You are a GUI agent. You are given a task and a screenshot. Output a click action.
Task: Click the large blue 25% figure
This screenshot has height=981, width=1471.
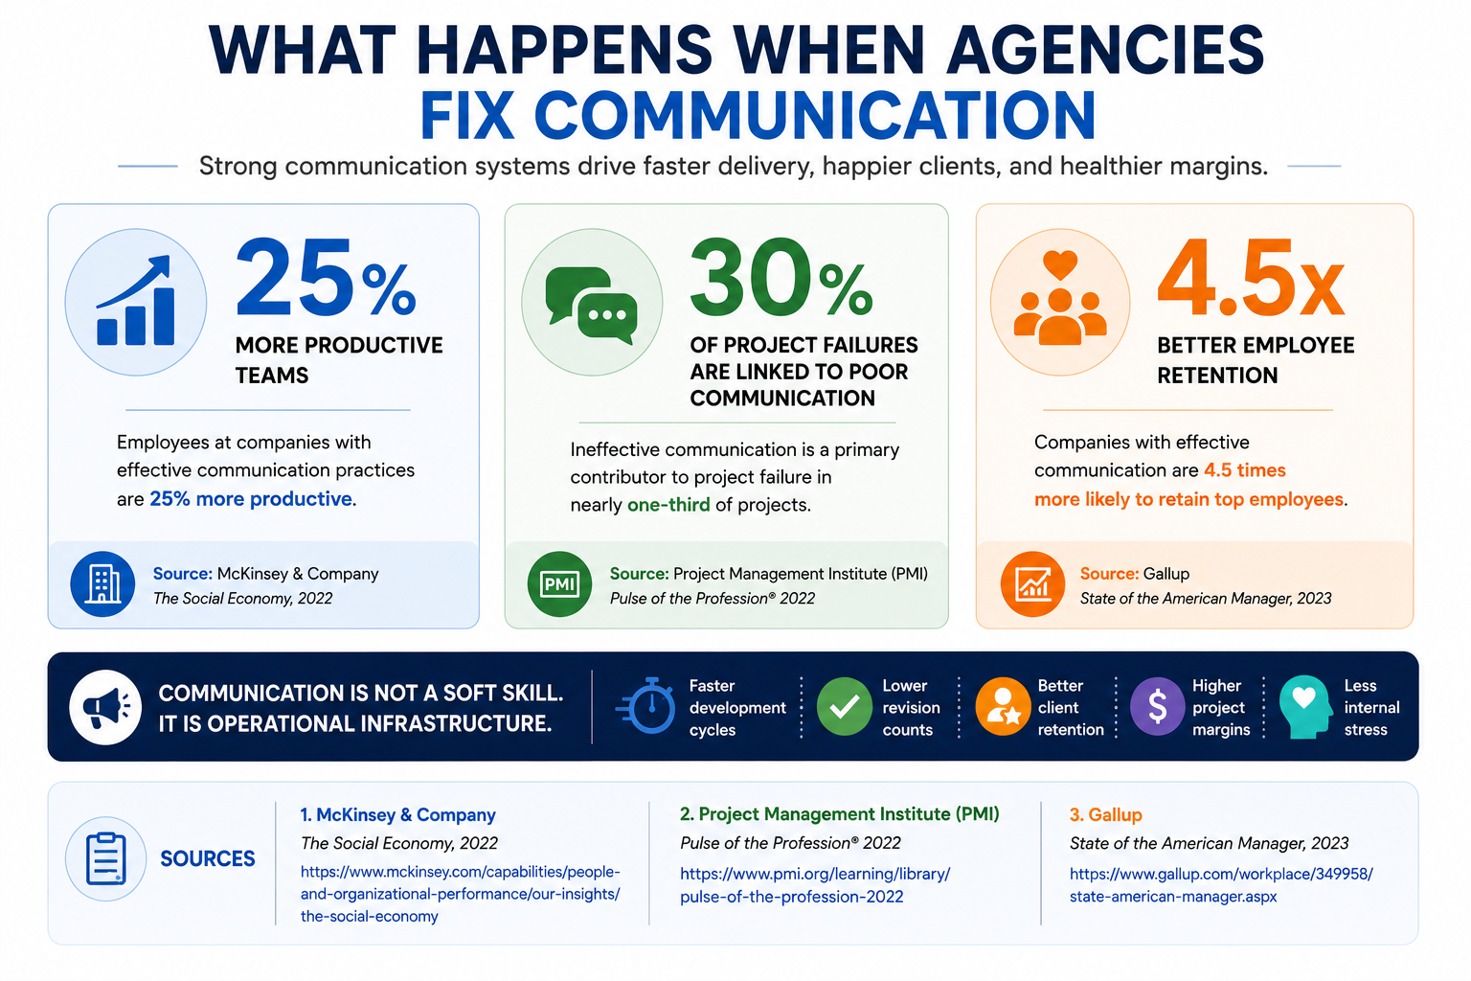pyautogui.click(x=326, y=279)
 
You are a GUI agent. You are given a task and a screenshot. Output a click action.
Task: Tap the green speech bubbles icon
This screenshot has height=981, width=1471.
pyautogui.click(x=591, y=305)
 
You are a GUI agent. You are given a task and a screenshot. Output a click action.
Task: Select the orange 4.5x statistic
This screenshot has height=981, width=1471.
pyautogui.click(x=1251, y=279)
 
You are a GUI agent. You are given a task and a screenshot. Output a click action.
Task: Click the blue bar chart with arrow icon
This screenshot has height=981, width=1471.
pyautogui.click(x=136, y=300)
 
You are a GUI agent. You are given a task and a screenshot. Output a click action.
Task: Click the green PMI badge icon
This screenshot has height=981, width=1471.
pyautogui.click(x=559, y=584)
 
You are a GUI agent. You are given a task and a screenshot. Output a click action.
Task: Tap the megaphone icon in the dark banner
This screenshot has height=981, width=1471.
pyautogui.click(x=105, y=707)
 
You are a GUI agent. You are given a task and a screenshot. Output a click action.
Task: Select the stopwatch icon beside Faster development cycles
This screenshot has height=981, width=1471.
pyautogui.click(x=646, y=706)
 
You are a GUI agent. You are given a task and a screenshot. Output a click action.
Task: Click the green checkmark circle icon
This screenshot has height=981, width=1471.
pyautogui.click(x=845, y=706)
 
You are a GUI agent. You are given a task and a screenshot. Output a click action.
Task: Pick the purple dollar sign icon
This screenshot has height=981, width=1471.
pyautogui.click(x=1157, y=706)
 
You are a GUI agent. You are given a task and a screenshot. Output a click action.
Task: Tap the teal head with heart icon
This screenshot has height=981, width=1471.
pyautogui.click(x=1305, y=707)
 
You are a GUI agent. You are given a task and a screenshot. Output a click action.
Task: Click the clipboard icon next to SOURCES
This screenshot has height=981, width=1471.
pyautogui.click(x=105, y=858)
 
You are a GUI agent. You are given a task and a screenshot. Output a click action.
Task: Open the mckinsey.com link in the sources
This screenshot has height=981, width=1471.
pyautogui.click(x=461, y=894)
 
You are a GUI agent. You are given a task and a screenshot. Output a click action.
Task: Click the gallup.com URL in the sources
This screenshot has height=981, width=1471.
pyautogui.click(x=1221, y=885)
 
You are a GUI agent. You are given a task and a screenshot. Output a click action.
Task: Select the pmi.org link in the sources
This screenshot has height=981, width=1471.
pyautogui.click(x=815, y=885)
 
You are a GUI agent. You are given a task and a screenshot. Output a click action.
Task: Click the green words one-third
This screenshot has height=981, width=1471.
pyautogui.click(x=668, y=505)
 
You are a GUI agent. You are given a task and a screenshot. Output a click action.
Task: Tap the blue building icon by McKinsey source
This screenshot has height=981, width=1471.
pyautogui.click(x=102, y=584)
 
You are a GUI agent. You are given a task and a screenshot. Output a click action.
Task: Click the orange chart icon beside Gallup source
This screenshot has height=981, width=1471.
pyautogui.click(x=1032, y=584)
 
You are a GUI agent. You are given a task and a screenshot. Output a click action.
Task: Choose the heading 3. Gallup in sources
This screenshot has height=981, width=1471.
pyautogui.click(x=1106, y=814)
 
